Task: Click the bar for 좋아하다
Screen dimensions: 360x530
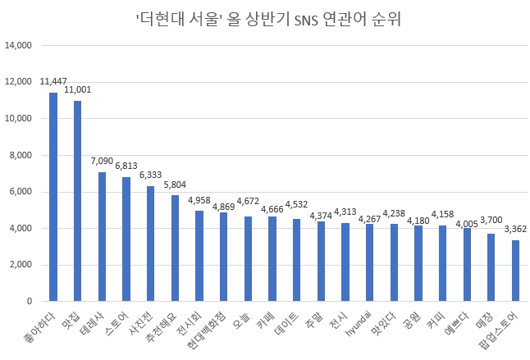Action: tap(53, 197)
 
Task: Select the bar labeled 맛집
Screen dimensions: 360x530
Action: tap(78, 201)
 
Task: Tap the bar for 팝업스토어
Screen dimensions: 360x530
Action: tap(515, 271)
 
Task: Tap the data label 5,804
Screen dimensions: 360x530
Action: tap(176, 185)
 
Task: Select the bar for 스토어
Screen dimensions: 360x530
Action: tap(126, 239)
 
